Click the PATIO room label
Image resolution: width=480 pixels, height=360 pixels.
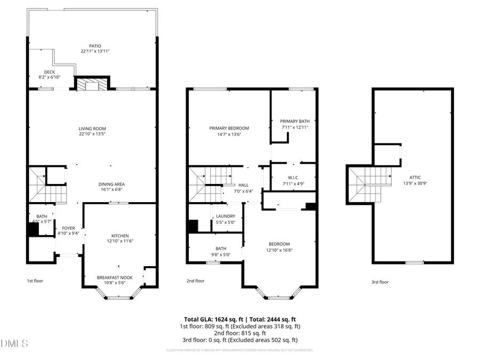click(x=95, y=46)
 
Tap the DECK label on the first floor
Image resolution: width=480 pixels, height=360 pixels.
click(x=49, y=72)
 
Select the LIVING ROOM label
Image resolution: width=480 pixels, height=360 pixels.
click(x=92, y=129)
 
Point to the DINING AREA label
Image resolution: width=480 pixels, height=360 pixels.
click(x=111, y=185)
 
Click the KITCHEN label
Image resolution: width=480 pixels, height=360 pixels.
click(x=119, y=236)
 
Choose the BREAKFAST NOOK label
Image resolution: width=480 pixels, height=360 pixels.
click(x=114, y=277)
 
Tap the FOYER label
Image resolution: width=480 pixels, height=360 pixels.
click(x=68, y=228)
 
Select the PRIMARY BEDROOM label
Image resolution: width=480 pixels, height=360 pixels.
click(x=229, y=128)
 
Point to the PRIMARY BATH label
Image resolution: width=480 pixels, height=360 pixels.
click(x=294, y=121)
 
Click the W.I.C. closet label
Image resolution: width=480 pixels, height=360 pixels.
click(x=293, y=178)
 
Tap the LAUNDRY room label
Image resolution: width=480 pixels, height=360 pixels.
click(x=226, y=216)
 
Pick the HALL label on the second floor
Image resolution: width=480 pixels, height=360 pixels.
click(x=243, y=185)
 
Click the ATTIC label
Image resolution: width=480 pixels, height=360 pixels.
click(x=415, y=177)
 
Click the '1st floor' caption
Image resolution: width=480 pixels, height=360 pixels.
click(x=35, y=281)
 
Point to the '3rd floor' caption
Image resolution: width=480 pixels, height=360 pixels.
click(x=380, y=282)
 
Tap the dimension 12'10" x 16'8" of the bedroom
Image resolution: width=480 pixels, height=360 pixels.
click(x=279, y=250)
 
